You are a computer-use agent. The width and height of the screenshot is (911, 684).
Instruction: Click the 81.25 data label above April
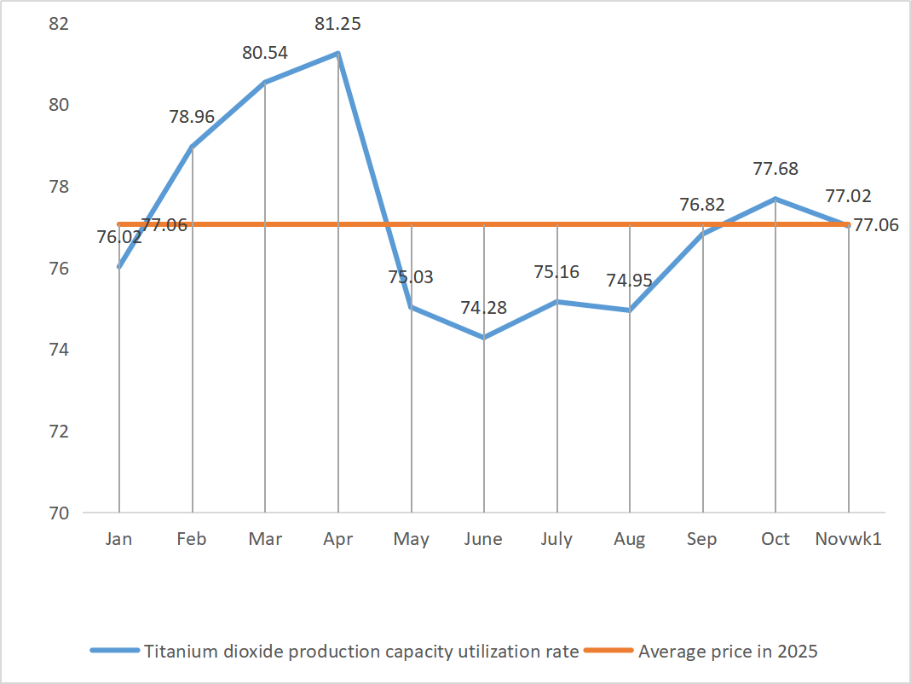[337, 24]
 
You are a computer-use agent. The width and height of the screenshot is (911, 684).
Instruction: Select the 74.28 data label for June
[483, 308]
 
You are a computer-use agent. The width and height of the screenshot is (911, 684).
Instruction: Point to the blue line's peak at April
[338, 54]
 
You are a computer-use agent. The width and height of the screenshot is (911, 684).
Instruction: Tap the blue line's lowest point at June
[484, 338]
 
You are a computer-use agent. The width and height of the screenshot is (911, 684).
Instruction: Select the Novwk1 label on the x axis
[848, 539]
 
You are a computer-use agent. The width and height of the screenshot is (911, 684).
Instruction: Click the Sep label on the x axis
[702, 539]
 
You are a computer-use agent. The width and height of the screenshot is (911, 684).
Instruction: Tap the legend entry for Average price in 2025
[728, 652]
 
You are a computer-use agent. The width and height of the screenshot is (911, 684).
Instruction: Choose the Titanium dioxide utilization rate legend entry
[361, 652]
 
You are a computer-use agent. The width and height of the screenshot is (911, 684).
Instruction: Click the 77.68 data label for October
[776, 169]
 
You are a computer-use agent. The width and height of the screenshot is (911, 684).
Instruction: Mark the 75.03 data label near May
[411, 277]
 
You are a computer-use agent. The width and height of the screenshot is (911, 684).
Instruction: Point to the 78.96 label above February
[192, 117]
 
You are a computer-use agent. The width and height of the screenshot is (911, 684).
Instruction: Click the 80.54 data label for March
[265, 53]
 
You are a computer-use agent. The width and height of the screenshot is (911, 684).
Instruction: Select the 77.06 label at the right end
[876, 225]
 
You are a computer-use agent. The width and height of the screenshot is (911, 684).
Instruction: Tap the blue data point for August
[630, 310]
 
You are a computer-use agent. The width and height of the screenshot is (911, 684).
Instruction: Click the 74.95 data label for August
[630, 281]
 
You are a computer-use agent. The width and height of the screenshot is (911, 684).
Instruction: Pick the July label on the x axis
[556, 539]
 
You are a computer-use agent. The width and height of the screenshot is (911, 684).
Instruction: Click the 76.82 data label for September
[702, 204]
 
